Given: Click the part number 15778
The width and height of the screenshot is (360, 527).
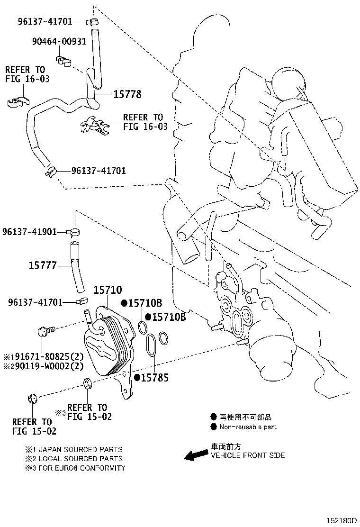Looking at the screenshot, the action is click(127, 94).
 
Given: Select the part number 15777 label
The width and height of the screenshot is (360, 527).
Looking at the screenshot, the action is click(43, 265).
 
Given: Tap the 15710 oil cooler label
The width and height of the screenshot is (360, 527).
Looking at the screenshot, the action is click(108, 290).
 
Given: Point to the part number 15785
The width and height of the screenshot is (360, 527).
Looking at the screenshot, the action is click(154, 377).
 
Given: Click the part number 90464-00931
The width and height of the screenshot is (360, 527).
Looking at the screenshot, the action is click(59, 41).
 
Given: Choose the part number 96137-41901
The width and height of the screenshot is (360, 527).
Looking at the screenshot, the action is click(29, 232).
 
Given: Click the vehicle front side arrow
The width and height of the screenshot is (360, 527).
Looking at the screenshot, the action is click(196, 455).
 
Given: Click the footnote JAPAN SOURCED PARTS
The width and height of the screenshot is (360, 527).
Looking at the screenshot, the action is click(80, 449).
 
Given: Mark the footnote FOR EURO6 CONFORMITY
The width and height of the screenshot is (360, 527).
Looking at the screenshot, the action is click(81, 468).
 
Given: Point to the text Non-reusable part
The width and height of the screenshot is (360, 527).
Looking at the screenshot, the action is click(248, 427).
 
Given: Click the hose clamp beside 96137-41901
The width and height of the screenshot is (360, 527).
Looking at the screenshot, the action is click(73, 232).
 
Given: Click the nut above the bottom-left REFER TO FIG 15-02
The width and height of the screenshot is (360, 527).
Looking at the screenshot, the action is click(33, 399).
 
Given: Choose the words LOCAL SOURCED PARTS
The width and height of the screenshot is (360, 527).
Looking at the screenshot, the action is click(80, 458).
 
